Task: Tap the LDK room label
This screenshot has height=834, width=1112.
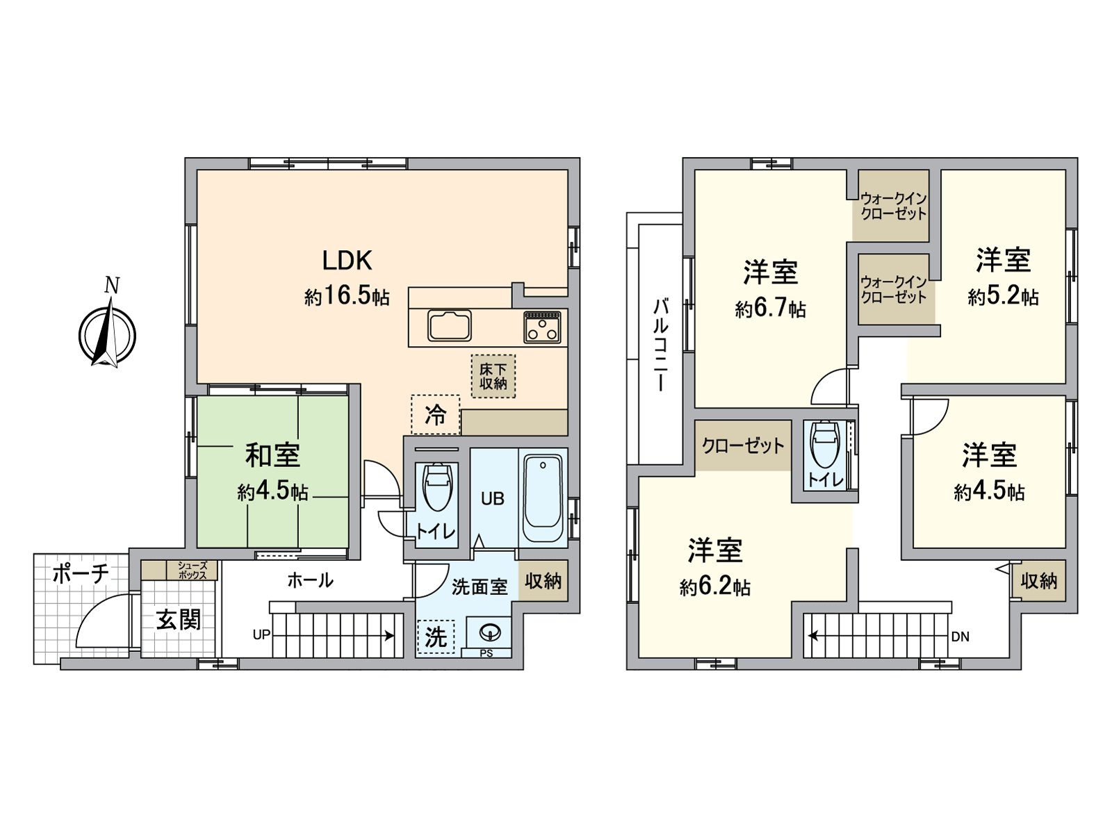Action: [x=347, y=261]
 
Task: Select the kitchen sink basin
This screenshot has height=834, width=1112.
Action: [x=450, y=325]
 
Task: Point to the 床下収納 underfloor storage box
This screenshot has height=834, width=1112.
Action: [x=493, y=376]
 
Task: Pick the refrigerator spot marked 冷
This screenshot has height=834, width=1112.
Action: [x=435, y=415]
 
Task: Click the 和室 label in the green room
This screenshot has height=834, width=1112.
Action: [x=272, y=455]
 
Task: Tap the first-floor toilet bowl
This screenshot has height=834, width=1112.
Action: [x=436, y=488]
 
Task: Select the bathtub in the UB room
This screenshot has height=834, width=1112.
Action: [x=543, y=498]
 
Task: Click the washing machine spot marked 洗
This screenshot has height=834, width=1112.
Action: [x=435, y=637]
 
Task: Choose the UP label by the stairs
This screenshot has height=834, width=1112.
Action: [x=261, y=635]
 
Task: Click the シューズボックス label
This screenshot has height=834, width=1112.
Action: [x=192, y=571]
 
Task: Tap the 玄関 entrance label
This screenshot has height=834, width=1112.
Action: [x=178, y=619]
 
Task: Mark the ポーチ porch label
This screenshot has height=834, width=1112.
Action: [x=81, y=574]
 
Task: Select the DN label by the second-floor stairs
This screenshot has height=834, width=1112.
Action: [x=960, y=637]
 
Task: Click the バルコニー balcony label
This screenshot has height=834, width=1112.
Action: [x=660, y=345]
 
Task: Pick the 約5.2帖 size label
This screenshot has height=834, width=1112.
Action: [x=1003, y=297]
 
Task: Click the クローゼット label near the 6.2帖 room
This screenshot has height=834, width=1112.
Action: [x=743, y=445]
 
